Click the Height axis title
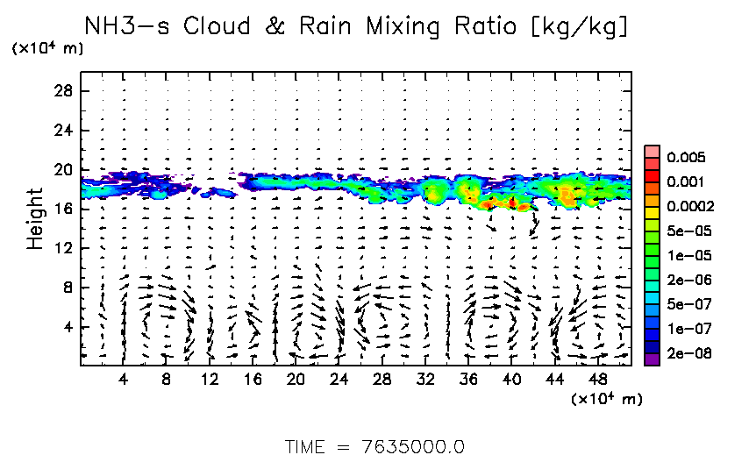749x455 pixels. pyautogui.click(x=35, y=217)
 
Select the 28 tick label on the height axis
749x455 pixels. pyautogui.click(x=62, y=91)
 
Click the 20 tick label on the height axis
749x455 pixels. pyautogui.click(x=62, y=169)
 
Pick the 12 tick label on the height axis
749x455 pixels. pyautogui.click(x=62, y=248)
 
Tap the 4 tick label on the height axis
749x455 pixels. pyautogui.click(x=67, y=327)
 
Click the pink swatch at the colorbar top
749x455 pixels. pyautogui.click(x=652, y=151)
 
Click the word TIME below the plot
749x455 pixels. pyautogui.click(x=307, y=445)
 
